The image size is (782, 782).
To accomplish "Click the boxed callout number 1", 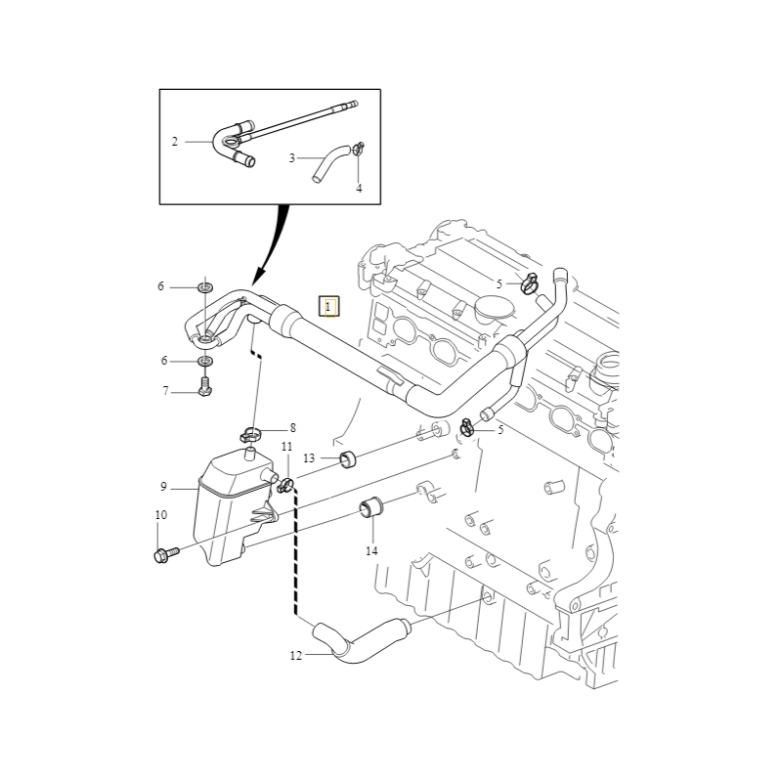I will [329, 307].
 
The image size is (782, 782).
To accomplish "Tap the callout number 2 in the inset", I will [175, 142].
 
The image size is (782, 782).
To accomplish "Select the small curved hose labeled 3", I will [329, 161].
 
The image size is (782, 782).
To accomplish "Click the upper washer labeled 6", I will [206, 287].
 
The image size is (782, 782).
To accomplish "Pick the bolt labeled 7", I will [205, 390].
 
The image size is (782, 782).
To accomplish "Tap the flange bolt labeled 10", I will [162, 555].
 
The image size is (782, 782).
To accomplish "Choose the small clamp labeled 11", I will [286, 484].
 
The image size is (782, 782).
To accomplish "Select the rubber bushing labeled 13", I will [346, 458].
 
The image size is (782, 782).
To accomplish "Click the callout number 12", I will [296, 656].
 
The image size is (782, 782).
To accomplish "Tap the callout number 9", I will [164, 486].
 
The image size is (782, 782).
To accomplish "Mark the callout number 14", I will [370, 551].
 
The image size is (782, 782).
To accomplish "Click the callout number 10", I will [160, 515].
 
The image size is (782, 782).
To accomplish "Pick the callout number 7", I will [165, 391].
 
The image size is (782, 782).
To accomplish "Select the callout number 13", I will [309, 457].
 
